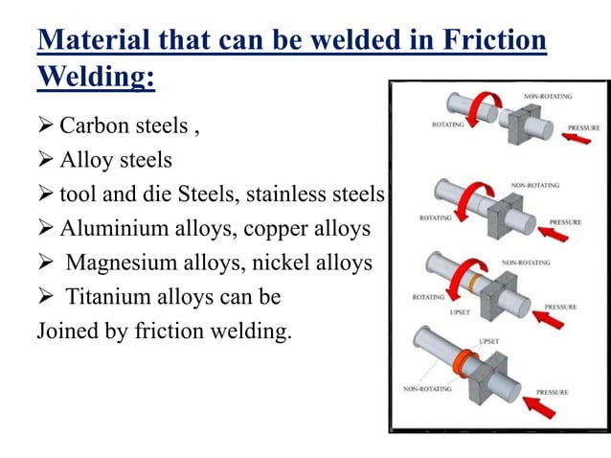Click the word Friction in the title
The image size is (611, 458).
tap(487, 41)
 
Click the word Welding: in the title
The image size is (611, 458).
tap(96, 78)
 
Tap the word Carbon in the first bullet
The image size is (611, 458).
tap(94, 126)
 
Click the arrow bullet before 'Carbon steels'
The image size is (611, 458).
tap(45, 126)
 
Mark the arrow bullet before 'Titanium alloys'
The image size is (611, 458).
tap(45, 297)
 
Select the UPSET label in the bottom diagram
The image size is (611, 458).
tap(488, 340)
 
